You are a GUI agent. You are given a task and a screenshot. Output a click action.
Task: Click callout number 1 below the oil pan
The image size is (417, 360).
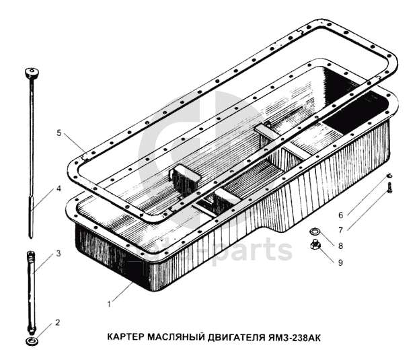point(110,304)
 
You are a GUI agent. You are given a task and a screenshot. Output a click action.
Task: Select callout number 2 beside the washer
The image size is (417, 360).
point(58,322)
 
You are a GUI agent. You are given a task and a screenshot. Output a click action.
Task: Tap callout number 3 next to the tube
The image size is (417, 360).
point(59,253)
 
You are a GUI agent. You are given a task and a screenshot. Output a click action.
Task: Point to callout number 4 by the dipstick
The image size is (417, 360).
point(59,189)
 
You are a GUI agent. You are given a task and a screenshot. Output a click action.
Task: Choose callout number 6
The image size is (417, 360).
point(340,215)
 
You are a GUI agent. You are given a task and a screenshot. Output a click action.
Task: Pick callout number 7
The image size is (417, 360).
point(340,230)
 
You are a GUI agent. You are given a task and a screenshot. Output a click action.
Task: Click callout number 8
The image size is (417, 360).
point(340,246)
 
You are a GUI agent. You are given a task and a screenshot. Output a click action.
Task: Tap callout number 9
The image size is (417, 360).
point(340,262)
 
